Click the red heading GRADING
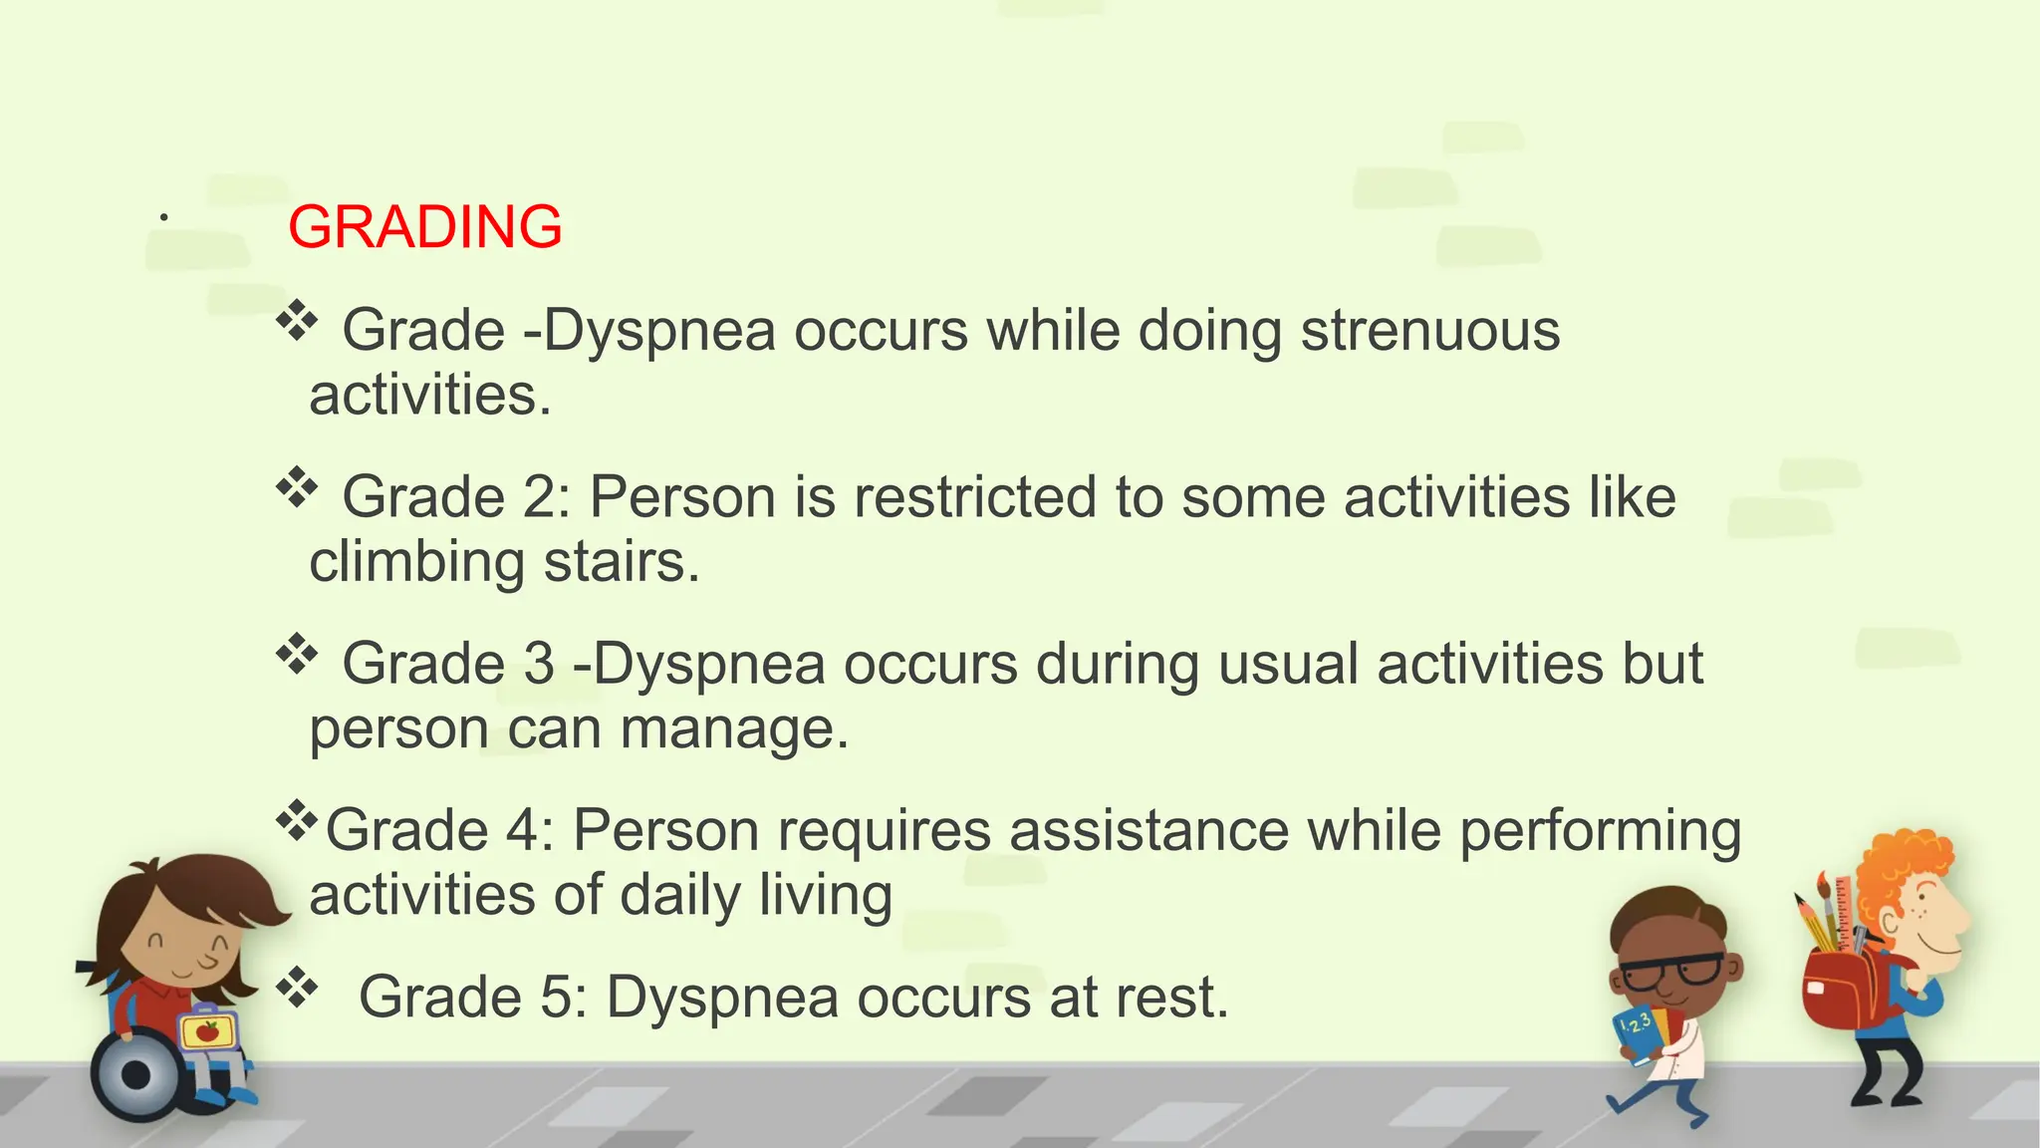point(425,227)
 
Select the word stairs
point(614,563)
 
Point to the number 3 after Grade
point(539,664)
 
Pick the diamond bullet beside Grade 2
point(297,488)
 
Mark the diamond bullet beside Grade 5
point(297,989)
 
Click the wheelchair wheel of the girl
point(136,1075)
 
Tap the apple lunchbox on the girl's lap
point(207,1031)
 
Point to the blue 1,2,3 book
point(1637,1032)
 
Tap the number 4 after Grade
point(523,830)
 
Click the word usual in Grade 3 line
point(1287,664)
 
